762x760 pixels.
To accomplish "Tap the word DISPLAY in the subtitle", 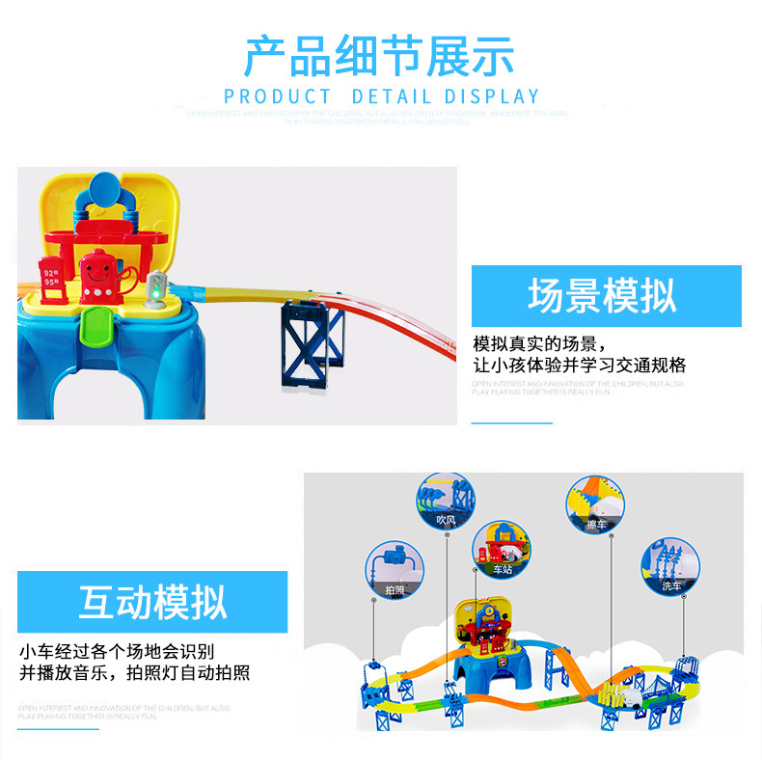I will (x=492, y=97).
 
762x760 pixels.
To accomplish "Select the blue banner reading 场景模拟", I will (x=606, y=296).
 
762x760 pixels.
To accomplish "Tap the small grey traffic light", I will (x=157, y=287).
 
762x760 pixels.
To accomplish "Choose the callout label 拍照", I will (x=395, y=588).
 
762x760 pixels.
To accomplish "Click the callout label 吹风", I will (x=445, y=521).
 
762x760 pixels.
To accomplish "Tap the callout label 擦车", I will (x=596, y=525).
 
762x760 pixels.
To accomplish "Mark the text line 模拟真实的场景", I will (x=539, y=344).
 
